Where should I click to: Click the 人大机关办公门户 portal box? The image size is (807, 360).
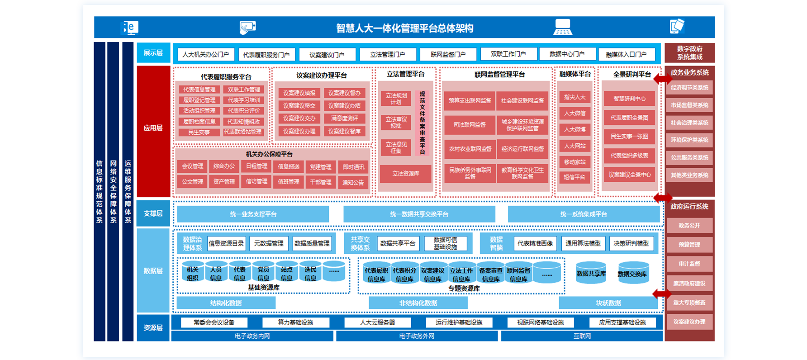(206, 54)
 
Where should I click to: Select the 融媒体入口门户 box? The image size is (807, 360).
(626, 54)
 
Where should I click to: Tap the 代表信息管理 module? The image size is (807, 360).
(199, 90)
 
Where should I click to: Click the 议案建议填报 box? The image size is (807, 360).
(299, 93)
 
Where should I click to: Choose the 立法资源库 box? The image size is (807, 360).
(405, 174)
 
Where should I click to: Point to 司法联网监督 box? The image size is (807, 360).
(470, 125)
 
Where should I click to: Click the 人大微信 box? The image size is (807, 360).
(574, 113)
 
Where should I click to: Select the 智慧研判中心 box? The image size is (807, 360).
(629, 99)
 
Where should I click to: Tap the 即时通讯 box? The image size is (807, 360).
(353, 167)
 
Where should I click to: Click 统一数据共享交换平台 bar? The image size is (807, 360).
(419, 214)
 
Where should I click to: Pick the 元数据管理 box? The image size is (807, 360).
(269, 243)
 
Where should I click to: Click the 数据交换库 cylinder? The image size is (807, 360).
(632, 274)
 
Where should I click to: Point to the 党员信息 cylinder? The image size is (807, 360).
(263, 273)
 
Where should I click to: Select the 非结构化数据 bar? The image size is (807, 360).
(418, 303)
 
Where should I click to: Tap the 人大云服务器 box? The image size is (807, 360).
(377, 322)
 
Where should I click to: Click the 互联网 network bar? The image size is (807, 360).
(582, 336)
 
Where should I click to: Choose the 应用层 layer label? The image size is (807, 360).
(153, 128)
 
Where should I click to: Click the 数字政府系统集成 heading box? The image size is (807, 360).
(689, 53)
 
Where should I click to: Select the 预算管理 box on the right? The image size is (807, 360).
(689, 245)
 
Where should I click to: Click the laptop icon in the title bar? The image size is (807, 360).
(563, 27)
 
